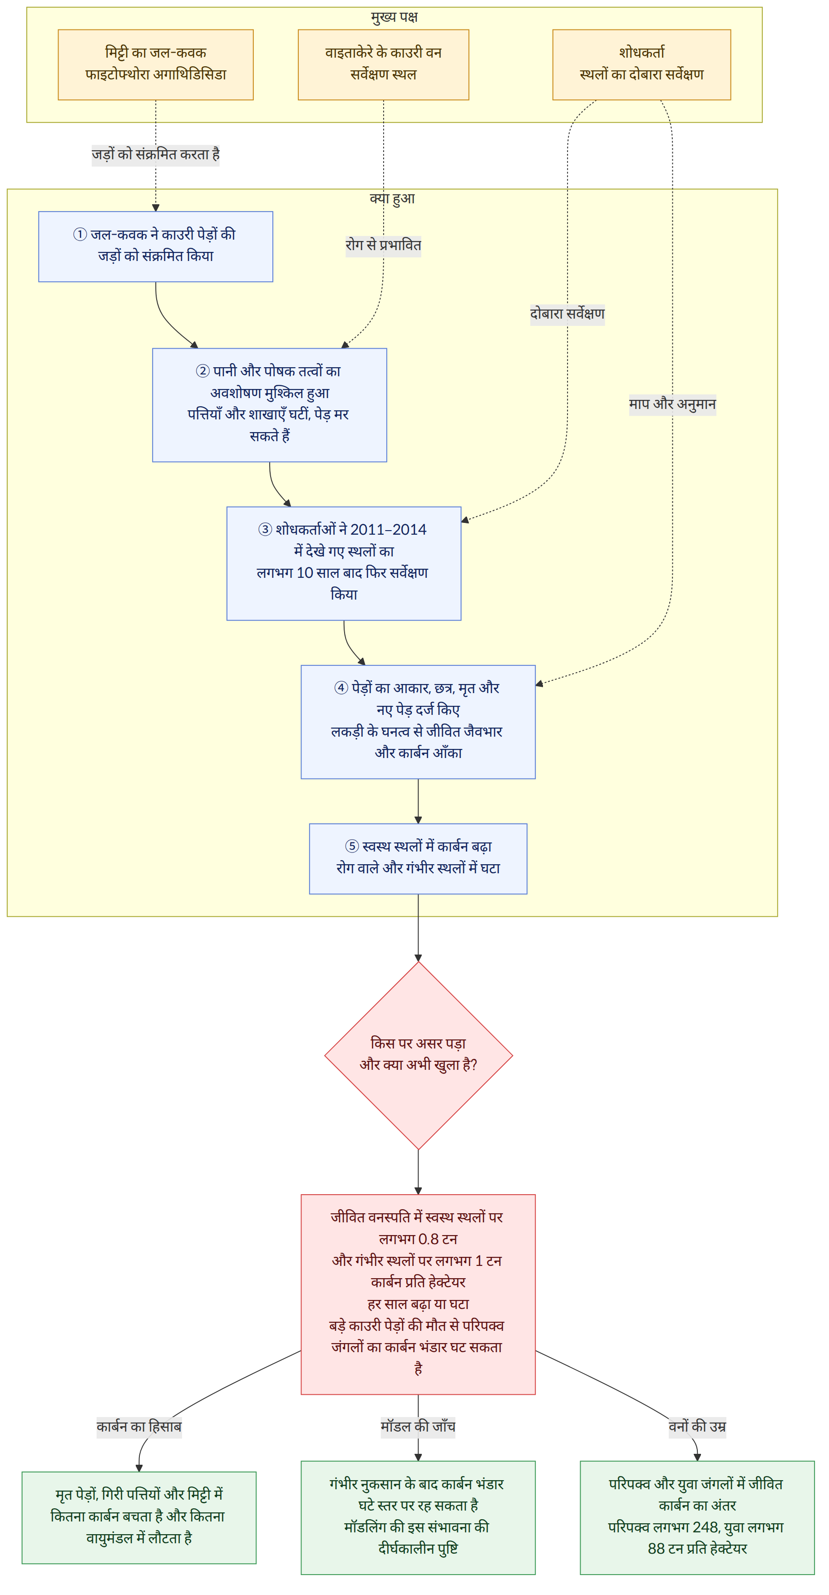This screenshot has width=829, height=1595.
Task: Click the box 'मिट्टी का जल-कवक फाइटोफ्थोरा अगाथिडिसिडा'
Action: [155, 64]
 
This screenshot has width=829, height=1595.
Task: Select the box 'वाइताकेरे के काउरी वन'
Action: [383, 64]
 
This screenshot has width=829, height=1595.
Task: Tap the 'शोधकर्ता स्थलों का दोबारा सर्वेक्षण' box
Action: [641, 64]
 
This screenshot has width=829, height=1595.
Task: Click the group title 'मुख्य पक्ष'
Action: [395, 17]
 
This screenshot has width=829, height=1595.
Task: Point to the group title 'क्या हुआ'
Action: [393, 199]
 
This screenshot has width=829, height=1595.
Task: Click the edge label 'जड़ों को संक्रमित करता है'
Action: [155, 154]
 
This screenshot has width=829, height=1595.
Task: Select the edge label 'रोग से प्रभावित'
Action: [383, 245]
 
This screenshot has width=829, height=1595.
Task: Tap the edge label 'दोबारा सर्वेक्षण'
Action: [567, 314]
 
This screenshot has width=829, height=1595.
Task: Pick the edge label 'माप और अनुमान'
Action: [672, 404]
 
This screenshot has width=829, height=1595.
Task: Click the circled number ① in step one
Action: [80, 235]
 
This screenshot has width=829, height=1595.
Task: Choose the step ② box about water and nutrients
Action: [269, 405]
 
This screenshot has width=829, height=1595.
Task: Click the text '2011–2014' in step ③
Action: [388, 529]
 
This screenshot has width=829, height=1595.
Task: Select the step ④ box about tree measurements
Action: [418, 722]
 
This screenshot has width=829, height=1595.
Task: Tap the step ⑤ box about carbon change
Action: [418, 859]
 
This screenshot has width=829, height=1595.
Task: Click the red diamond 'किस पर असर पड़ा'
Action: [419, 1055]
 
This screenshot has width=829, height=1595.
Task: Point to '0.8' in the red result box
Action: [429, 1239]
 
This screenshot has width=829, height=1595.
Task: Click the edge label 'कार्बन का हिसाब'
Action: [139, 1427]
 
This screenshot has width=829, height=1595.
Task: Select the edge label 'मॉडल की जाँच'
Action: [418, 1427]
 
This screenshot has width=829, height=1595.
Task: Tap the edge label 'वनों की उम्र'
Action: [697, 1427]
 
